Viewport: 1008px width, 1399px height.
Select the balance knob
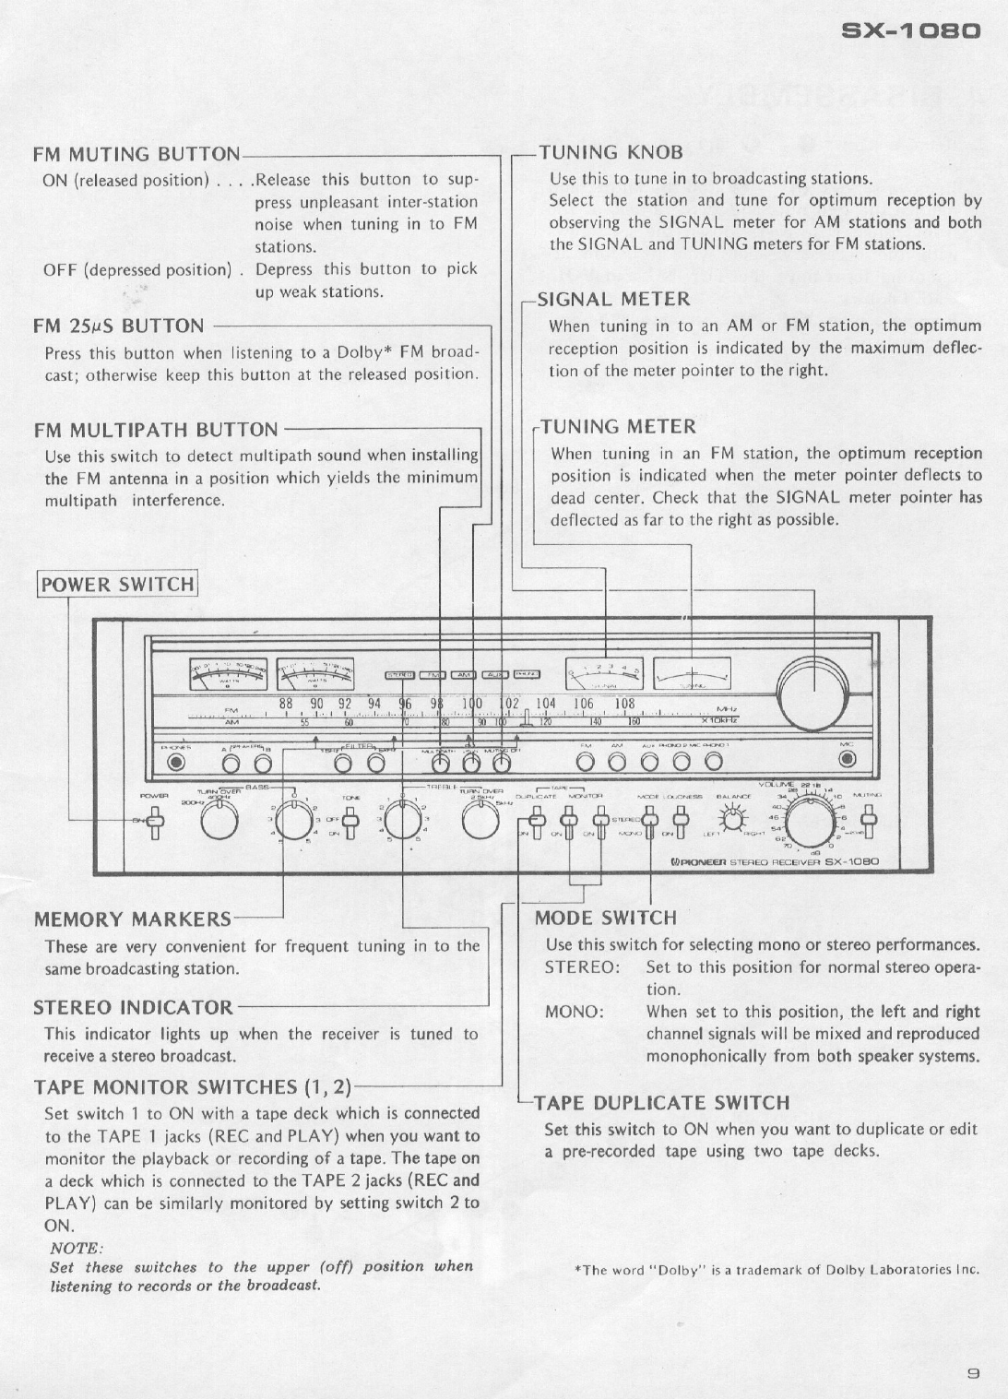tap(734, 816)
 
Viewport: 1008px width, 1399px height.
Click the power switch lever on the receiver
tap(155, 820)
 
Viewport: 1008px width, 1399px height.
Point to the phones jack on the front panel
tap(176, 762)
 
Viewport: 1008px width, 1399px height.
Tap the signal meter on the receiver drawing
tap(604, 675)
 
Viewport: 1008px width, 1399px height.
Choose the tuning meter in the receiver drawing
tap(692, 675)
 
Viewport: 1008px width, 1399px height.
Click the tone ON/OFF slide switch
tap(350, 818)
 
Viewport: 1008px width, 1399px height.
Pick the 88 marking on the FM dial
tap(287, 704)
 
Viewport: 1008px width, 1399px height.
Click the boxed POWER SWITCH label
tap(118, 585)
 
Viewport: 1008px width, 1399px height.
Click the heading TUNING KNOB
tap(611, 152)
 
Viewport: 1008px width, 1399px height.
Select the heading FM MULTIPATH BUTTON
tap(155, 430)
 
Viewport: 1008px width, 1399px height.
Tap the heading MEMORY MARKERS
tap(132, 919)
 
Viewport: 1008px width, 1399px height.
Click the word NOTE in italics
tap(75, 1248)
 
